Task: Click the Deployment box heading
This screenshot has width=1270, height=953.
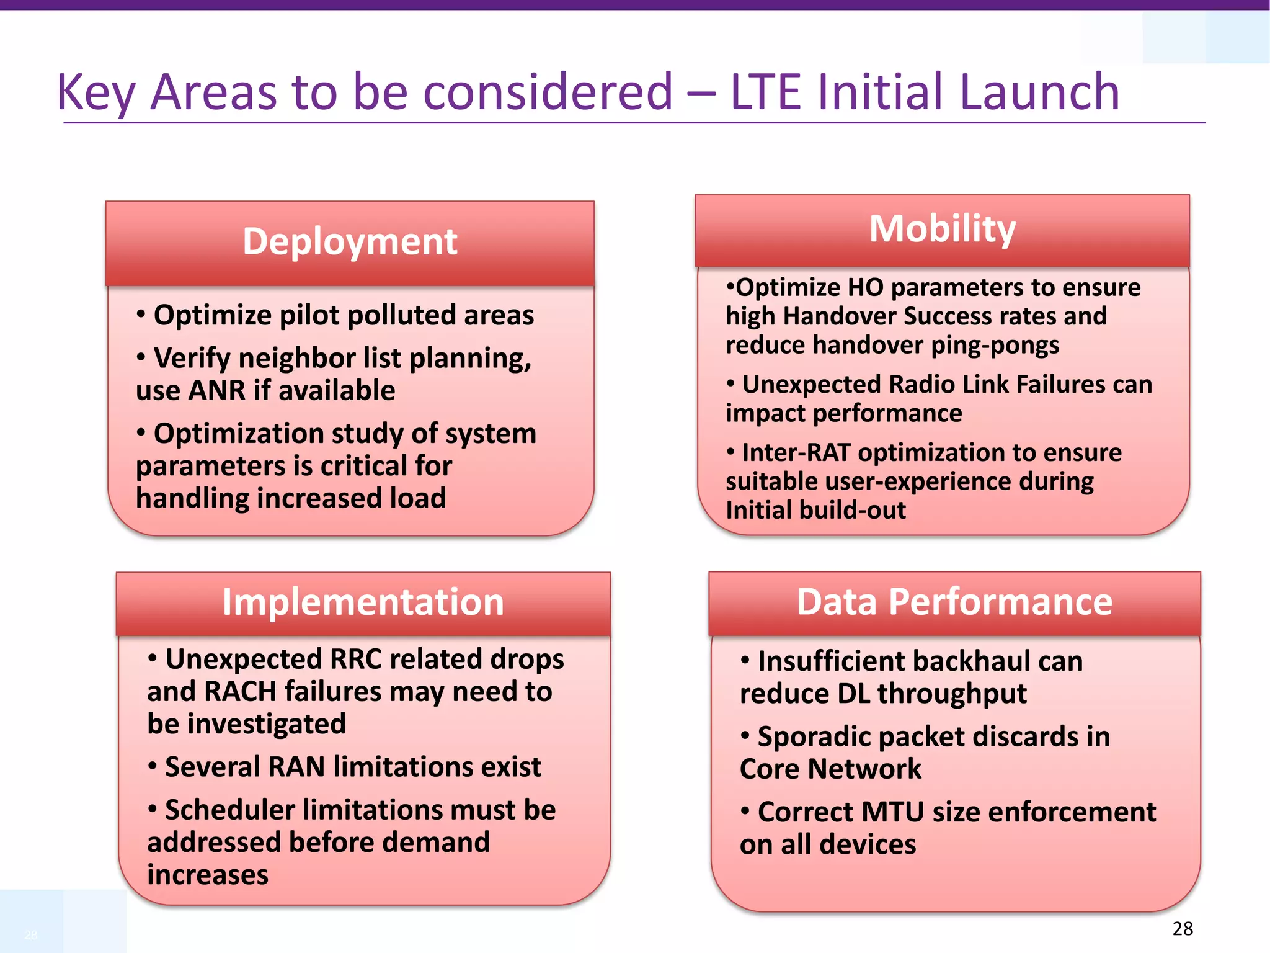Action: tap(350, 241)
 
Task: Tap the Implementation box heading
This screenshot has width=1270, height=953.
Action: tap(363, 602)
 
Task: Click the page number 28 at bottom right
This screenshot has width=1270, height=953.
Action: tap(1183, 928)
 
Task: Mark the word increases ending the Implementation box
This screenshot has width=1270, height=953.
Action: tap(208, 875)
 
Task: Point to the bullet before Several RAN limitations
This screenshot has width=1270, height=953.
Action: tap(153, 766)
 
